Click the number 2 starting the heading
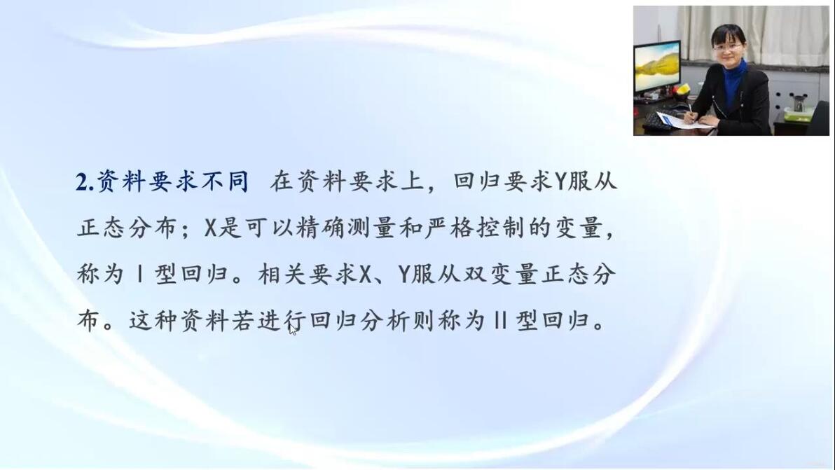[83, 183]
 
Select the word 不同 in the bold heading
[225, 181]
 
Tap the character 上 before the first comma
[412, 181]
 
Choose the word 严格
[450, 228]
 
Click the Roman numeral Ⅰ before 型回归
[139, 275]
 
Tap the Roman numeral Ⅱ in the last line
[499, 320]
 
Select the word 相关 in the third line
[282, 274]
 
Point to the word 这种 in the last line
[153, 320]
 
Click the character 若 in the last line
[243, 320]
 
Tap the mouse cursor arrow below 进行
[292, 329]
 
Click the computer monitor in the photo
[657, 68]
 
